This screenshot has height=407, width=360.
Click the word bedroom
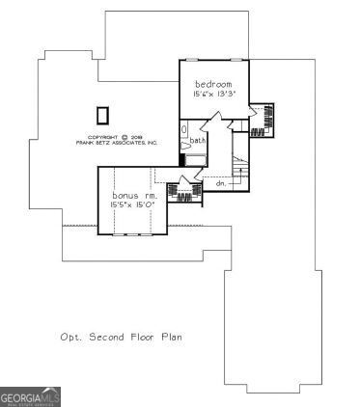213,84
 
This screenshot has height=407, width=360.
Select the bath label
197,141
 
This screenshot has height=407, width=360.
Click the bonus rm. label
134,196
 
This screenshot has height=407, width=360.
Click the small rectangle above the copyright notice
102,115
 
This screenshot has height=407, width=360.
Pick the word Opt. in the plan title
70,338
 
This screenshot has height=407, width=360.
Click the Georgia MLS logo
31,396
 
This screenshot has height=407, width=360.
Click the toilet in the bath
185,129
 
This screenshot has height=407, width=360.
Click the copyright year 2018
136,137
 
